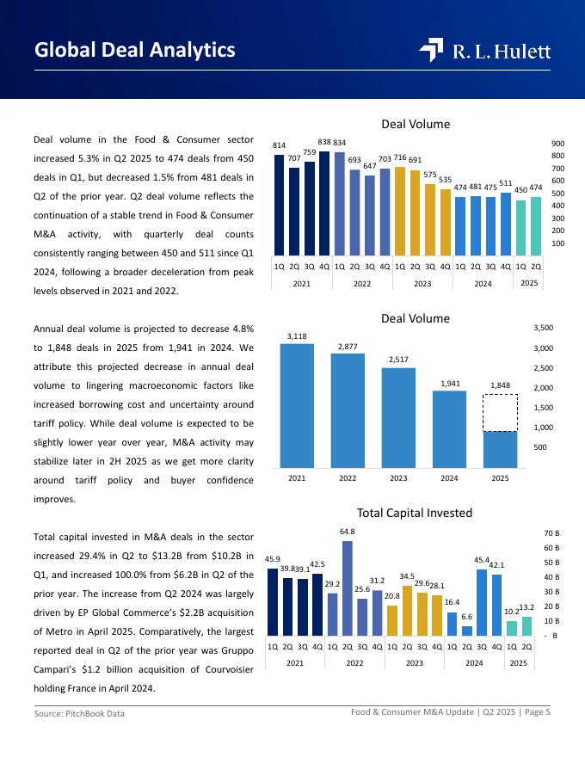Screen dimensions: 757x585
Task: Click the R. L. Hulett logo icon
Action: pyautogui.click(x=431, y=51)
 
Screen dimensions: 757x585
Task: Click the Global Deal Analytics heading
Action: pyautogui.click(x=135, y=51)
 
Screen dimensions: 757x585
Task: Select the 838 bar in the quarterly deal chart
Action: pyautogui.click(x=324, y=202)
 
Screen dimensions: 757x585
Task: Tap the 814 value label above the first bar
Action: pyautogui.click(x=279, y=146)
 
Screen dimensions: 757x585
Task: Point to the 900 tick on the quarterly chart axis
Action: pyautogui.click(x=558, y=144)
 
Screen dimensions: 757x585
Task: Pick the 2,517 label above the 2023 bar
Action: pyautogui.click(x=398, y=360)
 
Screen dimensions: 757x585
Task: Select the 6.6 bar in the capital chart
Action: pyautogui.click(x=467, y=631)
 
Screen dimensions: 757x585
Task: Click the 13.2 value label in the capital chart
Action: pyautogui.click(x=527, y=607)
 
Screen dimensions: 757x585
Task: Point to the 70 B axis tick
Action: pyautogui.click(x=551, y=533)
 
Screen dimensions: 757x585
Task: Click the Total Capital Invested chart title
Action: pyautogui.click(x=415, y=514)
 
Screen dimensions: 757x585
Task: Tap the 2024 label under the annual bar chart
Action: pyautogui.click(x=449, y=477)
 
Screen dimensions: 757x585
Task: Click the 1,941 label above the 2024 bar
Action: pyautogui.click(x=449, y=384)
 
